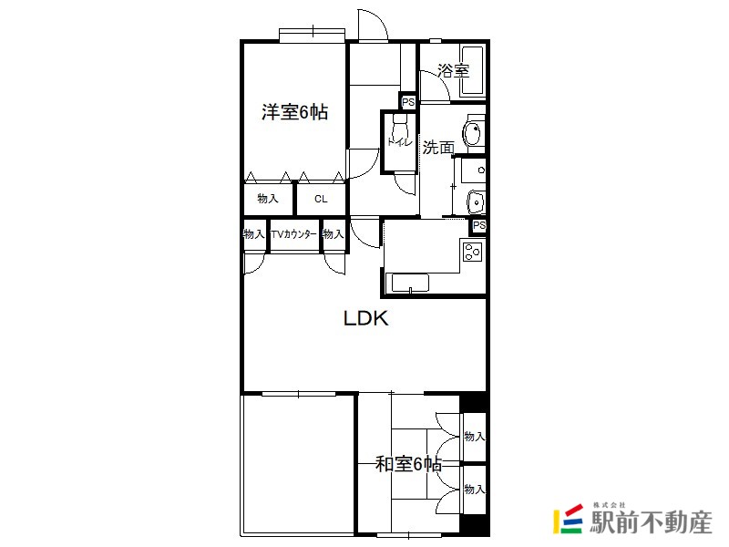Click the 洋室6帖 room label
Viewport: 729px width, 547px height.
tap(294, 112)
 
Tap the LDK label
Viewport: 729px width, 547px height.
tap(366, 318)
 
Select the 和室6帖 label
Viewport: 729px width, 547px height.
tap(408, 464)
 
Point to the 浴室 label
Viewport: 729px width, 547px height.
tap(453, 71)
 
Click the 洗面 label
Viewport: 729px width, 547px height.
tap(438, 148)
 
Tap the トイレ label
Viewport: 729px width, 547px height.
tap(400, 142)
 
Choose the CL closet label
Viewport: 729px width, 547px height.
tap(321, 199)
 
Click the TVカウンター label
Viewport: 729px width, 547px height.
tap(293, 234)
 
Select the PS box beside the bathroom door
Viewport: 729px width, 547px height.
tap(408, 102)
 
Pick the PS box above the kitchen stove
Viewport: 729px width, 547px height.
tap(479, 226)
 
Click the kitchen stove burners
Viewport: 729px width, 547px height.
tap(472, 252)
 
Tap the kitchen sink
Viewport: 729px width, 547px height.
tap(410, 283)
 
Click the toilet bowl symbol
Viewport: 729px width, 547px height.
tap(400, 126)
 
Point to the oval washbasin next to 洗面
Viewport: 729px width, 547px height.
tap(472, 134)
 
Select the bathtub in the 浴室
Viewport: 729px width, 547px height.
tap(472, 71)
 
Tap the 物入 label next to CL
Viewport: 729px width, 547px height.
tap(268, 199)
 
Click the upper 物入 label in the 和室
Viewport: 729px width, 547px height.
tap(474, 437)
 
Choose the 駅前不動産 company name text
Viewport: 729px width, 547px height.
tap(651, 521)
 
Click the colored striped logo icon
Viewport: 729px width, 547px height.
tap(568, 519)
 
